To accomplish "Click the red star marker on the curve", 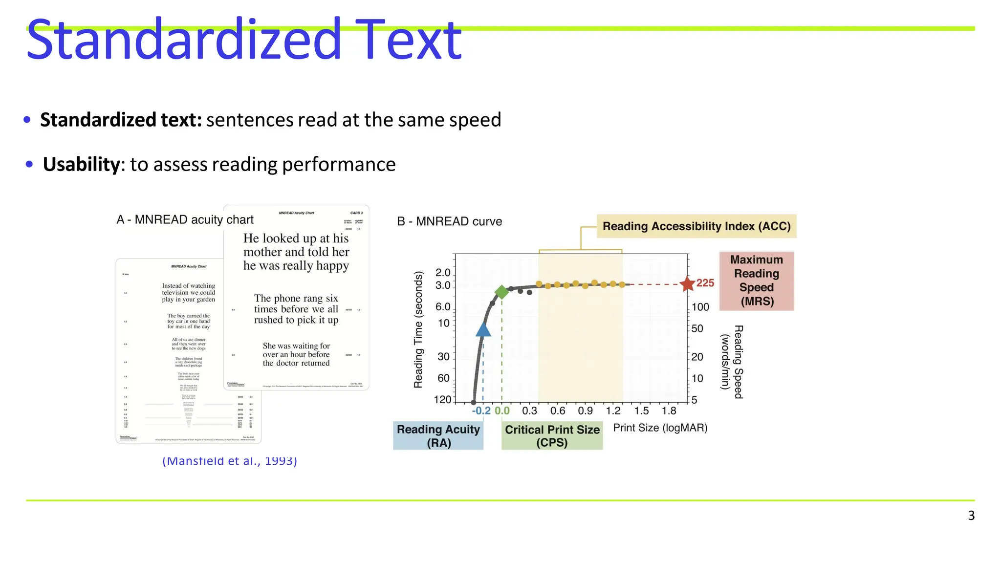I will (x=687, y=283).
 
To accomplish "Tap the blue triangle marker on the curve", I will (x=483, y=330).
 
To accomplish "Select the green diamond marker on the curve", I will (x=501, y=292).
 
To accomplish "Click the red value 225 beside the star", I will (x=705, y=283).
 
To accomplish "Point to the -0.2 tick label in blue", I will (x=481, y=411).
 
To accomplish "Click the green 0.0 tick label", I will (x=502, y=411).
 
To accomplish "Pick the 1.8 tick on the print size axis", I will (x=669, y=411).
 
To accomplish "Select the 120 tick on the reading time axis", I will (x=442, y=400).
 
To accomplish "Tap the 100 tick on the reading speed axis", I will (x=700, y=307).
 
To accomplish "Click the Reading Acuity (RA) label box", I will (x=438, y=435).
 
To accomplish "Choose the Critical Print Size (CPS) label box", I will (x=552, y=435).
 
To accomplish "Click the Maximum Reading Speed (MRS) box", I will (x=756, y=281).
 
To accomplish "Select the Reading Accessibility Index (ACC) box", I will (x=696, y=226).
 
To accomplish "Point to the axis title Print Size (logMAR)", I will (x=660, y=428).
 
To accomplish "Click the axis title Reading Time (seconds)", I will (x=418, y=330).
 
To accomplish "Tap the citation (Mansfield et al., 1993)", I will (x=230, y=461).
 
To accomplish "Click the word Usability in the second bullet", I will (x=81, y=164).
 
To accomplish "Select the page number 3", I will (x=971, y=516).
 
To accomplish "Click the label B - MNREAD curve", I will (x=449, y=221).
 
